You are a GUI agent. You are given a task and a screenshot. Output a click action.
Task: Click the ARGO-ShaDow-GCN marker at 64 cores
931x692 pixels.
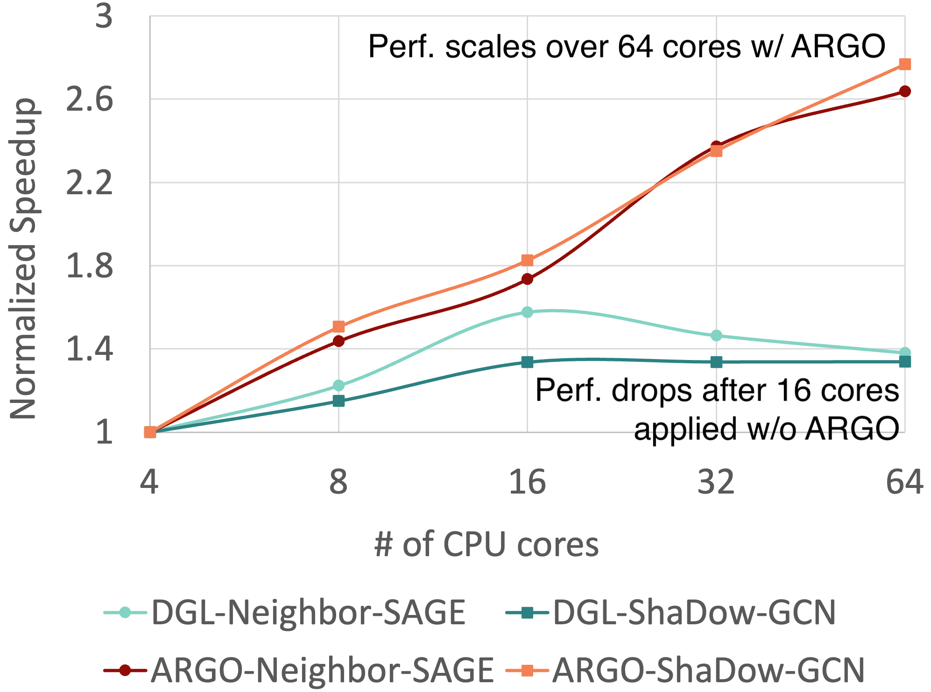904,64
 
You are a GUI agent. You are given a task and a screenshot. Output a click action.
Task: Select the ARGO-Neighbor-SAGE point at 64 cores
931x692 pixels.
904,91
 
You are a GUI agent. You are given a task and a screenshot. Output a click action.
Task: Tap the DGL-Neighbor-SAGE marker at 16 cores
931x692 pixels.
527,312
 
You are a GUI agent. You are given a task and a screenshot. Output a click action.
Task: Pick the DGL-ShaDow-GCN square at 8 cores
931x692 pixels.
339,401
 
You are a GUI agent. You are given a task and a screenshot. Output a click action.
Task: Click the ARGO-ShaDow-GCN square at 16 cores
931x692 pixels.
527,260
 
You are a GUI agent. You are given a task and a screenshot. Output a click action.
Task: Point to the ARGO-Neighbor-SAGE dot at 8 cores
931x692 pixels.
339,341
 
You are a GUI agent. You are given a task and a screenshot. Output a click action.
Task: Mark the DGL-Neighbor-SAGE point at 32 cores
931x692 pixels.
716,336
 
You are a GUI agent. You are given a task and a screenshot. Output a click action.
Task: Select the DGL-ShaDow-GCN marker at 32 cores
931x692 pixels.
716,362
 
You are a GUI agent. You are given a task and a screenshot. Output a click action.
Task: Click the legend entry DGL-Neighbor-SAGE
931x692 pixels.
308,613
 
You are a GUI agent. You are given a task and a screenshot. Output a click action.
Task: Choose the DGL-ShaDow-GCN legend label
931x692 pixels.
694,613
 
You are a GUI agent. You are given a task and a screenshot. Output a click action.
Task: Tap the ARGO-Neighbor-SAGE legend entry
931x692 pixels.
322,671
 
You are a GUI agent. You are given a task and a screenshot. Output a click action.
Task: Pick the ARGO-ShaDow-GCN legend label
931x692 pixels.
708,671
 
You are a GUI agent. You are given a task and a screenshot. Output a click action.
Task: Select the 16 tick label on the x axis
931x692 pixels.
527,482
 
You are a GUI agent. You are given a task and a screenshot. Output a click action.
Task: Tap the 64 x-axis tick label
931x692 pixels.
904,482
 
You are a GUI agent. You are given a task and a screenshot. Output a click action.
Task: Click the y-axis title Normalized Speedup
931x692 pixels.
23,259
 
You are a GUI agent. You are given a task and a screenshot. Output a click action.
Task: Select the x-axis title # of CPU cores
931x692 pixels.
486,544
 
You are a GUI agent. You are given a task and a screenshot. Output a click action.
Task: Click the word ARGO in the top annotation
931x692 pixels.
838,47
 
